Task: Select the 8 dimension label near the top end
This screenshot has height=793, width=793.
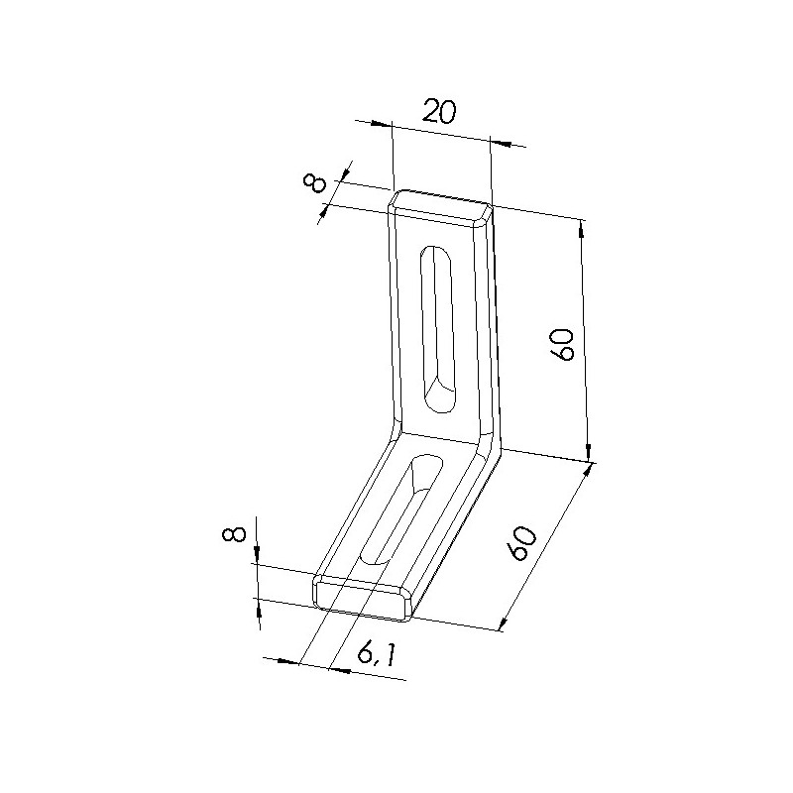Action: click(315, 183)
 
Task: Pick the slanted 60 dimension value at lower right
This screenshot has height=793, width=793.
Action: click(521, 542)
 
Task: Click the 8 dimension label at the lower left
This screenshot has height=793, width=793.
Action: click(234, 535)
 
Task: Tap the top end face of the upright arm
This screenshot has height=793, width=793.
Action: click(440, 202)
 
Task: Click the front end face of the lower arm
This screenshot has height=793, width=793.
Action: click(363, 596)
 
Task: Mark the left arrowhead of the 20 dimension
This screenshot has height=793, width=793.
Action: click(382, 125)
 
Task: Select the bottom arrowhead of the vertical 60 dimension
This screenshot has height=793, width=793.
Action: click(590, 451)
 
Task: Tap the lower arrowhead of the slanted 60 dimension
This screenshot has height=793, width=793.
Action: click(505, 620)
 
